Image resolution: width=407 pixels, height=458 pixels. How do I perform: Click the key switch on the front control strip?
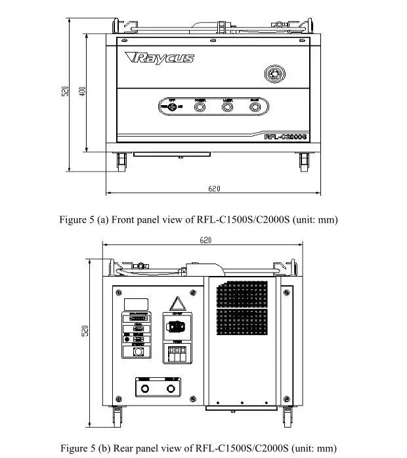[173, 107]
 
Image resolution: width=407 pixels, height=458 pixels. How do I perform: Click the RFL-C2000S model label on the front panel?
[286, 137]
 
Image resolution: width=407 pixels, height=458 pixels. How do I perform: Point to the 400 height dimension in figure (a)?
[82, 91]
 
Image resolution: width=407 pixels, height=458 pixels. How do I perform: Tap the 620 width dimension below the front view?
[214, 189]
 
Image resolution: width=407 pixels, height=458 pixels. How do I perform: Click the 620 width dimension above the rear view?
[205, 240]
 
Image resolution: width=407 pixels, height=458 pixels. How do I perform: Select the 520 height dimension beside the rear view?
[85, 332]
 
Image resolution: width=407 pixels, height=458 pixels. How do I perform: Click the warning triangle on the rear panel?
[176, 304]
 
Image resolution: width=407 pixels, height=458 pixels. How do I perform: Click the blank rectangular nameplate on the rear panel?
[135, 303]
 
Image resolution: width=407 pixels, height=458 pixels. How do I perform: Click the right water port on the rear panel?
[171, 390]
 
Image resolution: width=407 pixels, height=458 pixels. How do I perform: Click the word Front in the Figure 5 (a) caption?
[122, 219]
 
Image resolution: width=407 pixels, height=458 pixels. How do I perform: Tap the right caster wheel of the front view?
[305, 160]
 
